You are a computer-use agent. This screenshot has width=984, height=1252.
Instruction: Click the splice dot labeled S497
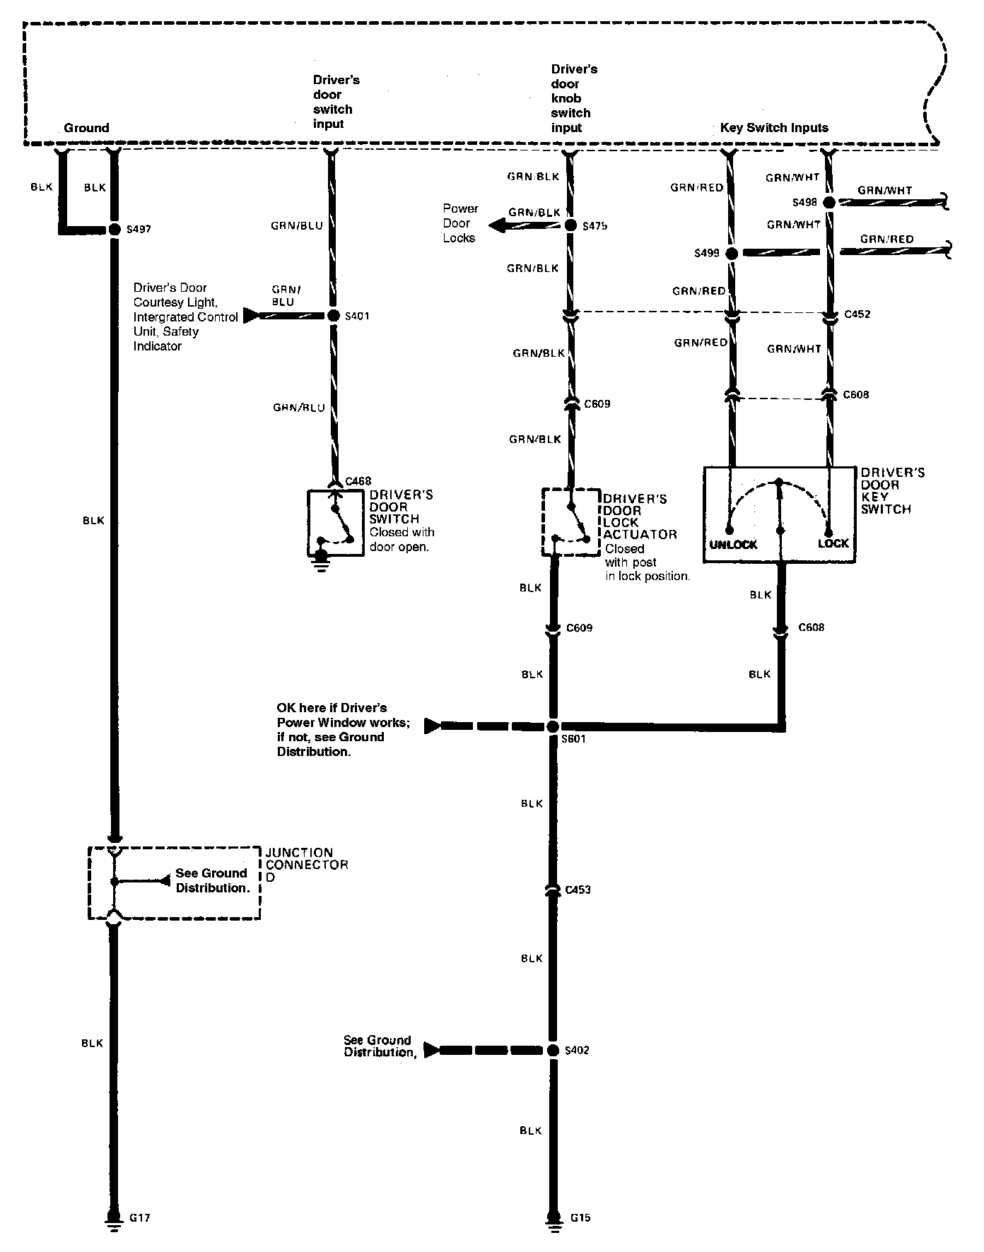coord(113,230)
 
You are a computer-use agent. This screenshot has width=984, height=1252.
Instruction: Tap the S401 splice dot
coord(334,316)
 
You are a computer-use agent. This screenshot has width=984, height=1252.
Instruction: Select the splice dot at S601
coord(553,726)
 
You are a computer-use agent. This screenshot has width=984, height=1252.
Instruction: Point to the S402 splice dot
coord(553,1051)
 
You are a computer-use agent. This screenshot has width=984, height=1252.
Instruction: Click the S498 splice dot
coord(828,202)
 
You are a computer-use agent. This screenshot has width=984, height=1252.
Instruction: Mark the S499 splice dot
coord(732,253)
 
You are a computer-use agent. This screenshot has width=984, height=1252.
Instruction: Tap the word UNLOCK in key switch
coord(733,545)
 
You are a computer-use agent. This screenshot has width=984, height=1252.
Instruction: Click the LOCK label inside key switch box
coord(833,544)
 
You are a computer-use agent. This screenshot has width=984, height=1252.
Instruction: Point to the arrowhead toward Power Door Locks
coord(498,225)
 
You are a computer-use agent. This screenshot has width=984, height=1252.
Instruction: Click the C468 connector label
coord(359,482)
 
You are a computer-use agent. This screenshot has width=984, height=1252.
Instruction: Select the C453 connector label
coord(578,890)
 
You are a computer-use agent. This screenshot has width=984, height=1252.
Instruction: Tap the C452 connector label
coord(857,314)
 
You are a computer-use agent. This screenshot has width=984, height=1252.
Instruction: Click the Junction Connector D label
coord(307,865)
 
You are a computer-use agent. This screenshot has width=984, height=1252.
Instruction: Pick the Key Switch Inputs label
coord(774,128)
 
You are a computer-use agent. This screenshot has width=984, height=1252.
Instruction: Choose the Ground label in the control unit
coord(86,128)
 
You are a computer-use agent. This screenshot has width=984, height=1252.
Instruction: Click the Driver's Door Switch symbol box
coord(335,522)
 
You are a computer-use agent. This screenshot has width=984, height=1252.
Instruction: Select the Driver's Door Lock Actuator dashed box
coord(570,521)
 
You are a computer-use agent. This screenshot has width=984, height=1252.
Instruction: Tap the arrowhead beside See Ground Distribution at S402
coord(431,1051)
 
